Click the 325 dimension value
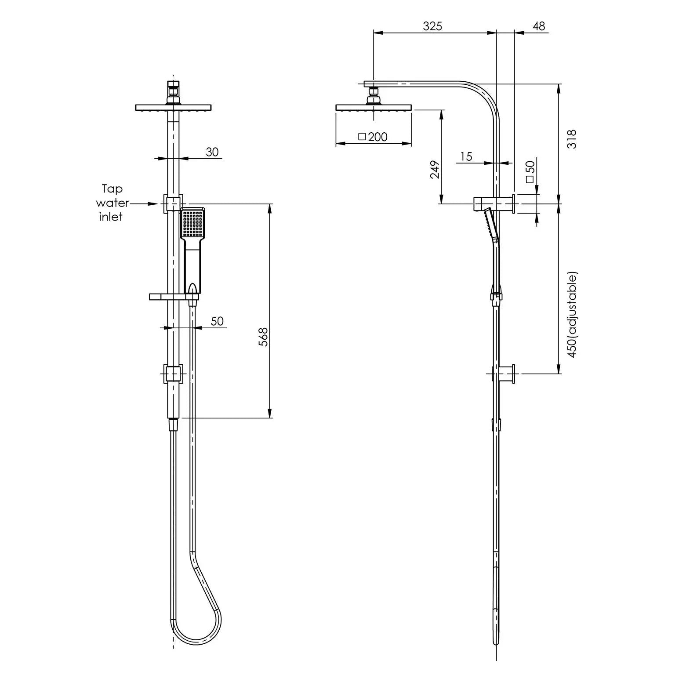click(432, 26)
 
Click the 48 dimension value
click(538, 26)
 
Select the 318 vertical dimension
click(571, 139)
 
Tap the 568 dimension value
click(263, 337)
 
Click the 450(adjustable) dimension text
click(571, 315)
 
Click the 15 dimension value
click(466, 156)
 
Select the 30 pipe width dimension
click(212, 152)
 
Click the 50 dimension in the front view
click(217, 321)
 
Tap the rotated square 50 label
click(530, 172)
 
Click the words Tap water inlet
click(112, 203)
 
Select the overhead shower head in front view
click(174, 108)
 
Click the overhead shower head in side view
click(374, 108)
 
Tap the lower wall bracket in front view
click(174, 374)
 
